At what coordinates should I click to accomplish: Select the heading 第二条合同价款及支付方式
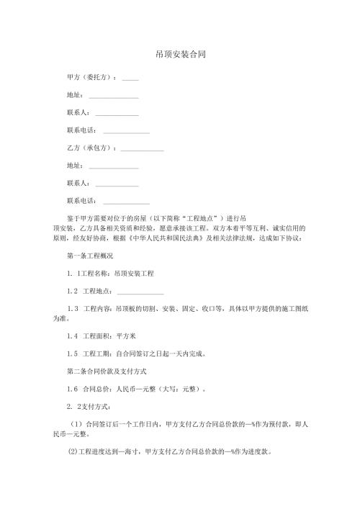pyautogui.click(x=106, y=371)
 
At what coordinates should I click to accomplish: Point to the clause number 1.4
pyautogui.click(x=72, y=336)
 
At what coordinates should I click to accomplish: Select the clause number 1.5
pyautogui.click(x=72, y=354)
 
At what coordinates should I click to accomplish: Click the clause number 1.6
pyautogui.click(x=72, y=389)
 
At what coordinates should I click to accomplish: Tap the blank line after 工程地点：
pyautogui.click(x=140, y=292)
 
